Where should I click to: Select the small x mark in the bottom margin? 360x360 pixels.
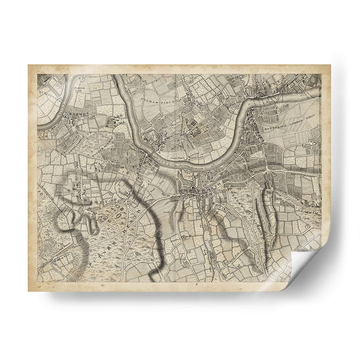pos(196,285)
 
